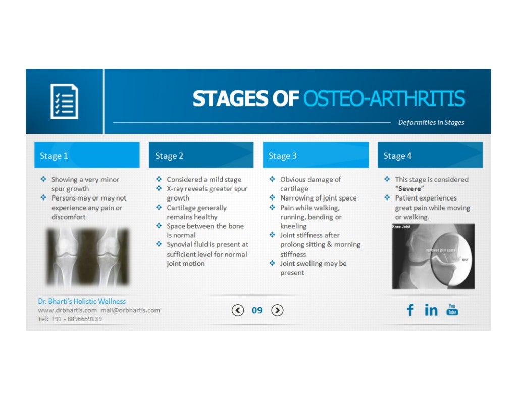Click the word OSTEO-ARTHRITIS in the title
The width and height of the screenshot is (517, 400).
click(x=384, y=99)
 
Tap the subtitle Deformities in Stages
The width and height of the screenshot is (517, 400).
click(x=431, y=122)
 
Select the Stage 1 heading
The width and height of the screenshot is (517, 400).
click(x=54, y=156)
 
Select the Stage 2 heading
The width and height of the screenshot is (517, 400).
click(x=169, y=156)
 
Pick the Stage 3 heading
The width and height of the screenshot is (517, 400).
click(x=283, y=156)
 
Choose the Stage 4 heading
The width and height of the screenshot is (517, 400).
click(x=397, y=156)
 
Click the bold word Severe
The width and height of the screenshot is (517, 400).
click(x=409, y=189)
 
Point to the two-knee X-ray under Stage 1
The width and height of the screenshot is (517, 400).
click(x=88, y=257)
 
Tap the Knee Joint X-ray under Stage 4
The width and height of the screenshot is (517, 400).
click(x=433, y=256)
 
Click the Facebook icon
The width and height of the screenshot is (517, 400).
click(x=410, y=310)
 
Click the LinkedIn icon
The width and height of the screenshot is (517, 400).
click(x=431, y=310)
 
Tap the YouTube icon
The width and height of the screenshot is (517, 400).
click(x=452, y=309)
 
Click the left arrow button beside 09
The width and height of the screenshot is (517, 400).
click(x=238, y=310)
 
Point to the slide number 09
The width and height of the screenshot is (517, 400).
click(x=257, y=310)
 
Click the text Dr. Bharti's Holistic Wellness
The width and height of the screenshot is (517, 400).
click(x=82, y=301)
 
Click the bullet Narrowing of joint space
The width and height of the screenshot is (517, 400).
click(x=318, y=198)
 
